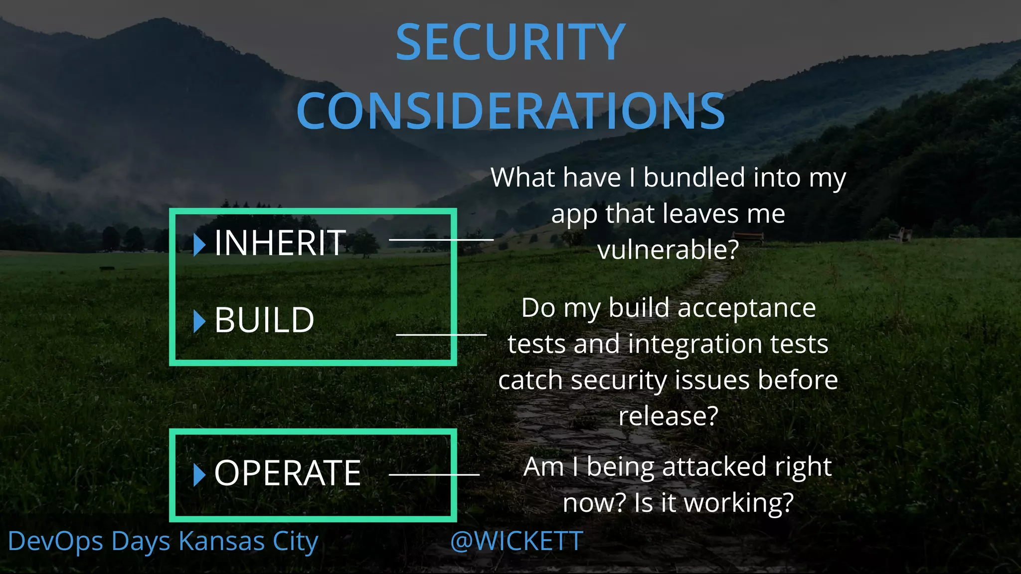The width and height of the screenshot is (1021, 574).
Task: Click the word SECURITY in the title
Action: (x=510, y=42)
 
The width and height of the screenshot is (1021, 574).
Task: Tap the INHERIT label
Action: (x=280, y=243)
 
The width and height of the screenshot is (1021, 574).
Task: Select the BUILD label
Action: (x=264, y=320)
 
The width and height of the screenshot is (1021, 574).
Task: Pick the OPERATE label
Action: (x=287, y=473)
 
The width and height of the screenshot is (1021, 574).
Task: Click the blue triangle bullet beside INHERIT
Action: (x=199, y=244)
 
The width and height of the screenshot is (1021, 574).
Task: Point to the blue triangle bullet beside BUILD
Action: (x=199, y=321)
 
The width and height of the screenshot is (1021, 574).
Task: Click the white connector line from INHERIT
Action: (x=441, y=240)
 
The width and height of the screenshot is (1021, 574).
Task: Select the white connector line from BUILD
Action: (x=441, y=334)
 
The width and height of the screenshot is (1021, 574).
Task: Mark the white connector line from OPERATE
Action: (x=434, y=474)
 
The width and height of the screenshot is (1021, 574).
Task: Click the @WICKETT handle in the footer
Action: (x=516, y=541)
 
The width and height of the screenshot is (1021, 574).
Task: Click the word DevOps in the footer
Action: (x=55, y=542)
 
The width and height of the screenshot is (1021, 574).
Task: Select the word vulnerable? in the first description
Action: (x=668, y=250)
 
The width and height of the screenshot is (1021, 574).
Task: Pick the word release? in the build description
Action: (x=668, y=416)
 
